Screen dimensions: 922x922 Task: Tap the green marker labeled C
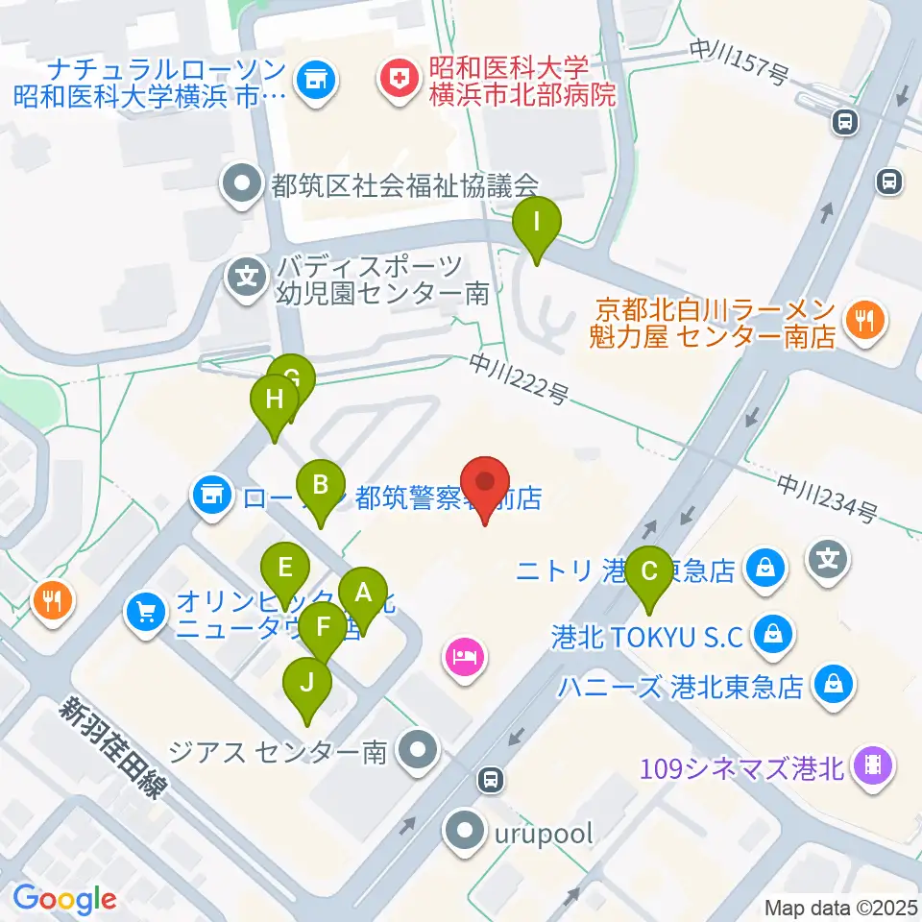[650, 573]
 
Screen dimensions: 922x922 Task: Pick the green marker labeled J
[307, 685]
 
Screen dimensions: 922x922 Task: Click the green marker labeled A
[363, 594]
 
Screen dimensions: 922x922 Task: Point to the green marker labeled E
[284, 568]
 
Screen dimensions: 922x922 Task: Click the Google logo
[65, 899]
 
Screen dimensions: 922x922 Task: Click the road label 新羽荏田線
[112, 747]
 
